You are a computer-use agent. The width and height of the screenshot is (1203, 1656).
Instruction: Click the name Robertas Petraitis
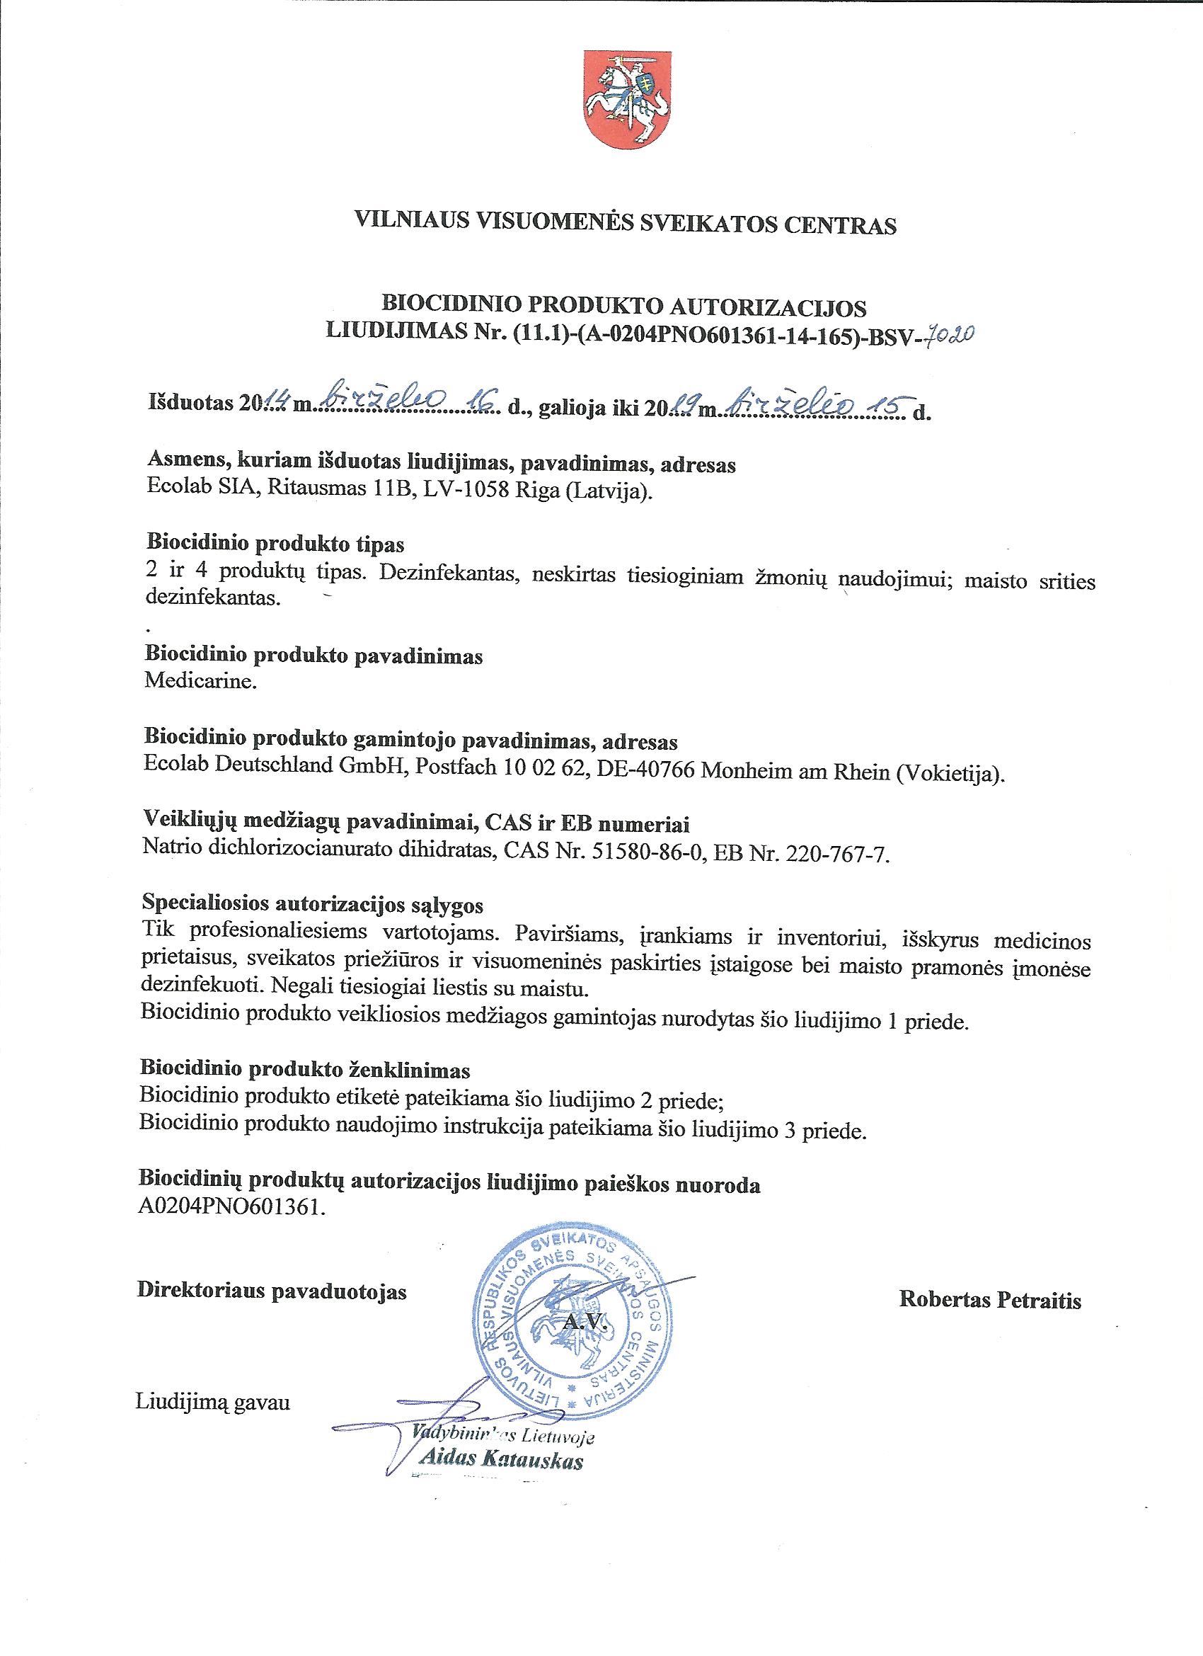[990, 1300]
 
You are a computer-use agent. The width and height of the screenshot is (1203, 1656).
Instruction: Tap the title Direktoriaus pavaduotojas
[272, 1291]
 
